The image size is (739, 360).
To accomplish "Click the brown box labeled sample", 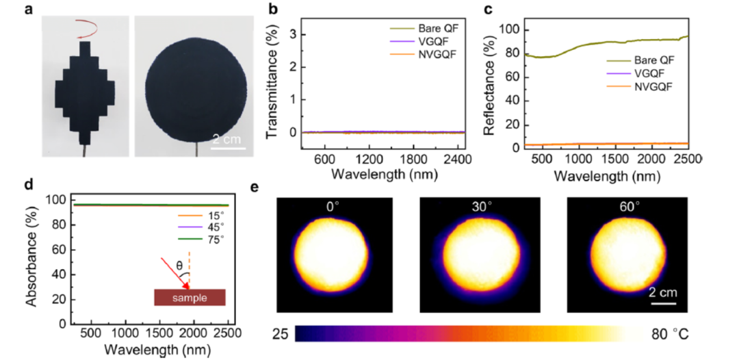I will pyautogui.click(x=190, y=297).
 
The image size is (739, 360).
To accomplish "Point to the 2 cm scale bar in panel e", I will pyautogui.click(x=663, y=302).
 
